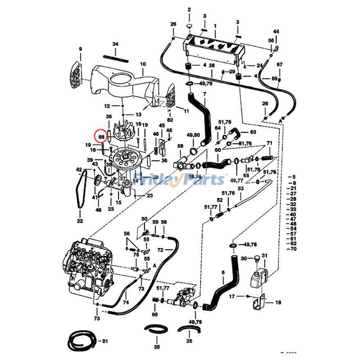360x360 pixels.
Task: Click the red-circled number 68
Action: [101, 136]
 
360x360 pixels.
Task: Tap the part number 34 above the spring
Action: [115, 44]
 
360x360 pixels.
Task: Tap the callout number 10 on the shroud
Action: [143, 64]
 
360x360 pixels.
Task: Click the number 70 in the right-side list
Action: [293, 249]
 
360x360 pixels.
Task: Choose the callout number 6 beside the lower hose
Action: [222, 273]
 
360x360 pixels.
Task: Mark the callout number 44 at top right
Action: [276, 31]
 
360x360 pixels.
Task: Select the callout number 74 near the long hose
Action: [126, 302]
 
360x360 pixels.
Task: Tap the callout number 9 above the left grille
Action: [81, 49]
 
